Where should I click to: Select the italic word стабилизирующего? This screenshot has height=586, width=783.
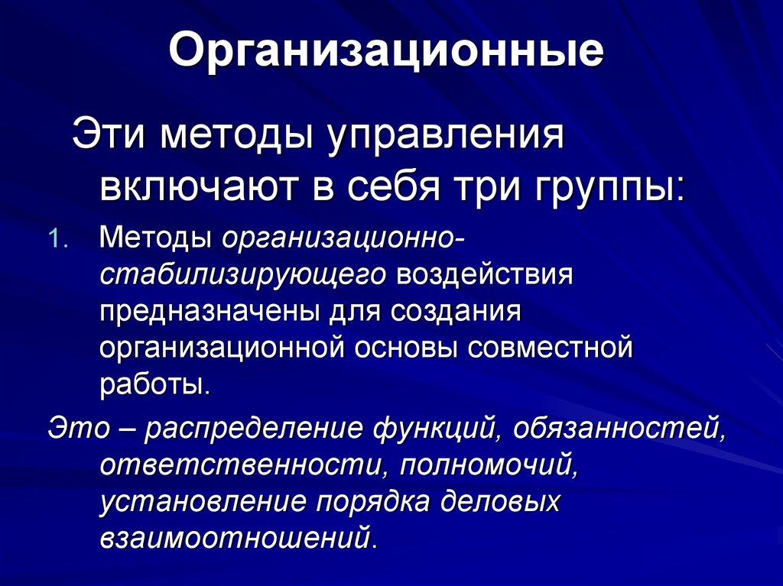(x=243, y=276)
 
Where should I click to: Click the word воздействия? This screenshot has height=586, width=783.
(x=485, y=276)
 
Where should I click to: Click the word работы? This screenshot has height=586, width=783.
(x=154, y=384)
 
